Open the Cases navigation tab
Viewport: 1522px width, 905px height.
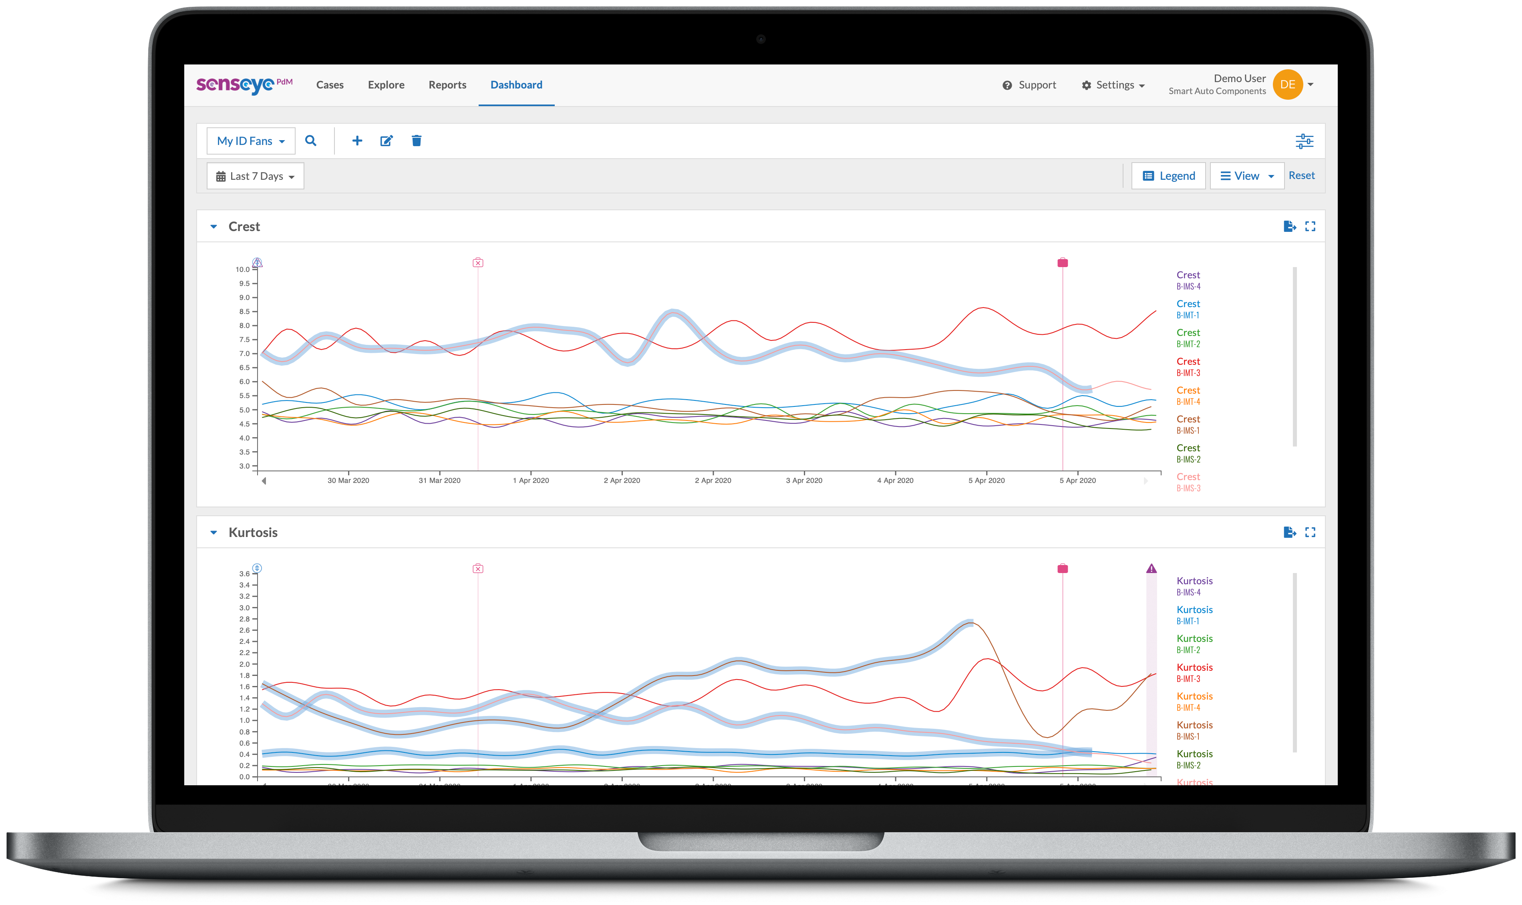tap(329, 85)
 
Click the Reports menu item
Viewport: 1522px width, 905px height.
tap(447, 85)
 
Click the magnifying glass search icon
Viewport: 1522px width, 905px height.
tap(310, 141)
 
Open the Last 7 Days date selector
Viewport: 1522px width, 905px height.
tap(255, 176)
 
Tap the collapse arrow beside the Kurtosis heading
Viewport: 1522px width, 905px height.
tap(213, 533)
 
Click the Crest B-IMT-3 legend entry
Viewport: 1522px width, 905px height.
tap(1188, 366)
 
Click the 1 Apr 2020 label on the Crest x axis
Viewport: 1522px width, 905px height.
tap(531, 481)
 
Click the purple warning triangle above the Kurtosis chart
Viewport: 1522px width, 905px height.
tap(1151, 568)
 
